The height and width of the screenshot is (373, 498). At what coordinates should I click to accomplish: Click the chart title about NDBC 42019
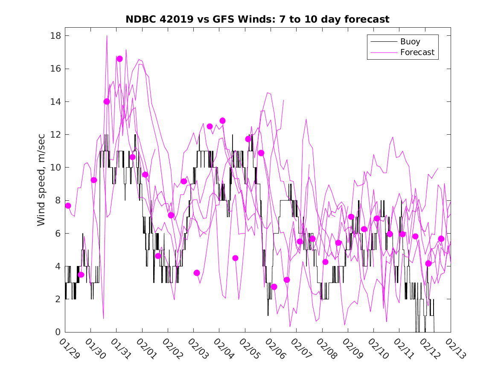pyautogui.click(x=257, y=20)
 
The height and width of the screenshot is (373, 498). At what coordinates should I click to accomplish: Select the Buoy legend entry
pyautogui.click(x=410, y=42)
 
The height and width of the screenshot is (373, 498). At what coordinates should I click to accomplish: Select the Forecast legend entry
pyautogui.click(x=417, y=52)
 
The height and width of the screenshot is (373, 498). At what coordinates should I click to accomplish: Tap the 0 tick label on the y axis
pyautogui.click(x=58, y=332)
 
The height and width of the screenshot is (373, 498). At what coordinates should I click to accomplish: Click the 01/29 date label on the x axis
pyautogui.click(x=69, y=348)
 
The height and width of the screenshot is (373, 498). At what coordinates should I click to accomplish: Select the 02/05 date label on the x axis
pyautogui.click(x=248, y=348)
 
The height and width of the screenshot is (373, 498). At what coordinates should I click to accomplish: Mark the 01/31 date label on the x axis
pyautogui.click(x=120, y=348)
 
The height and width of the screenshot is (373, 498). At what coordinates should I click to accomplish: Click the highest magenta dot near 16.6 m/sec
pyautogui.click(x=119, y=59)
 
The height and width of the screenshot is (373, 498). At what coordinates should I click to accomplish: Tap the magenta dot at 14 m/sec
pyautogui.click(x=107, y=101)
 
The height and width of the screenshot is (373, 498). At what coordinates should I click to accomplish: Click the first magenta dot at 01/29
pyautogui.click(x=68, y=205)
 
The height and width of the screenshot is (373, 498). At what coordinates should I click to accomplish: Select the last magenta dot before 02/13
pyautogui.click(x=441, y=239)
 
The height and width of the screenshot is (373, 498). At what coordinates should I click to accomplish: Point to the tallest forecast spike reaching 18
pyautogui.click(x=107, y=36)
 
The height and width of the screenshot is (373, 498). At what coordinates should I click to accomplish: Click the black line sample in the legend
pyautogui.click(x=383, y=42)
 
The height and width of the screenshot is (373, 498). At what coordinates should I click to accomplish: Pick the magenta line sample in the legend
pyautogui.click(x=383, y=52)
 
